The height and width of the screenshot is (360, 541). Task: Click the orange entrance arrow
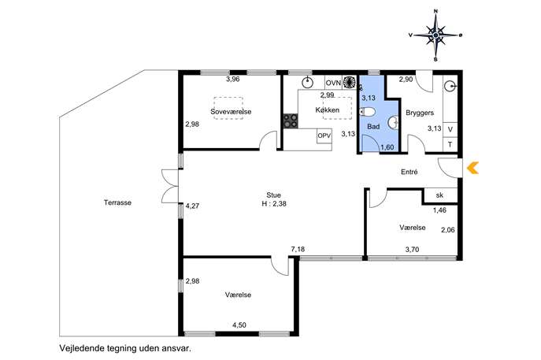point(472,168)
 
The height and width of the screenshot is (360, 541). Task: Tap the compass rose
point(435,35)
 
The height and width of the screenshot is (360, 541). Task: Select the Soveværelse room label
point(231,112)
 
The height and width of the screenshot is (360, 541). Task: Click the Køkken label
point(328,109)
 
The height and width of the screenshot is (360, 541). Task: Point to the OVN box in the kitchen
point(334,83)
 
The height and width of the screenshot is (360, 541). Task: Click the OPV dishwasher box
point(324,135)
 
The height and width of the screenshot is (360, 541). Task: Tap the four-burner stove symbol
point(291,121)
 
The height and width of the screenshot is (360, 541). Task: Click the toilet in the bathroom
point(367,112)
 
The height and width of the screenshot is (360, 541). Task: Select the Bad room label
point(373,127)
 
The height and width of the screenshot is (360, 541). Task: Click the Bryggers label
point(420,113)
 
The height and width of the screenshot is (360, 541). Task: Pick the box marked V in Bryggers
point(450,129)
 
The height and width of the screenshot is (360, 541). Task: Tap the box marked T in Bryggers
point(450,144)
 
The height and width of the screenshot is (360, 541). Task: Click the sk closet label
point(439,195)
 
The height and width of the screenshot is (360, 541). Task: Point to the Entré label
point(409,172)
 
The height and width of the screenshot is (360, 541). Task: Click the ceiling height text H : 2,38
point(274,204)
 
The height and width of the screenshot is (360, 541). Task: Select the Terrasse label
point(117,202)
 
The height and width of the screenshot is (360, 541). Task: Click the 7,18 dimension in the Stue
point(298,249)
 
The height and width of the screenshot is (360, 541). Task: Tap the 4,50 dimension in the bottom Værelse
point(239,325)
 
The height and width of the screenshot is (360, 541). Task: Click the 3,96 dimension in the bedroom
point(232,79)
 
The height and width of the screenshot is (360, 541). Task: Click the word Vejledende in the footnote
point(81,348)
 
